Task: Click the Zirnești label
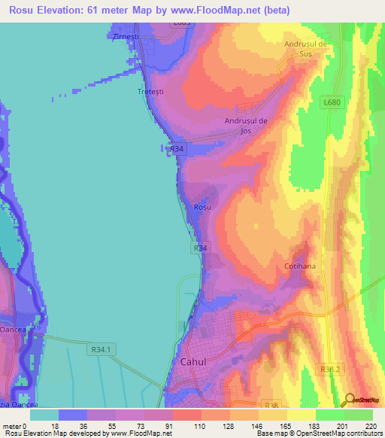(x=124, y=35)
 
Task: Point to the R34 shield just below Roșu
(x=200, y=248)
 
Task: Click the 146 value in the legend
(x=257, y=425)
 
